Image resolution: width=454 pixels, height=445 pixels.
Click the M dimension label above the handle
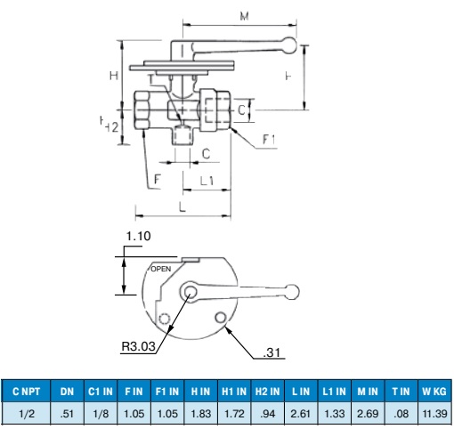244,16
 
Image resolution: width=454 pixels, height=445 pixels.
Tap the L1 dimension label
207,181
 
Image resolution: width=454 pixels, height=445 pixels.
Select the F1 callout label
269,139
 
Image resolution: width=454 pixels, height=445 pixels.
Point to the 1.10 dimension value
138,236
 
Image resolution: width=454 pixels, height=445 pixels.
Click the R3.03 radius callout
139,346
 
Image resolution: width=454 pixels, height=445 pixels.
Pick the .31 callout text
272,352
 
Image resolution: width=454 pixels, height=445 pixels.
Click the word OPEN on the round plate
161,269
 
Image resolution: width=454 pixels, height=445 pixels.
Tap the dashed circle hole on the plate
164,319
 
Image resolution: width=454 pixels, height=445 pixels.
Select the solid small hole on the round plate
221,318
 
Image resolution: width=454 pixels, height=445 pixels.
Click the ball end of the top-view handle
292,292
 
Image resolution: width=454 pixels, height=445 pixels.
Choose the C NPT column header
26,392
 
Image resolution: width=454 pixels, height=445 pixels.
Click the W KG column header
434,392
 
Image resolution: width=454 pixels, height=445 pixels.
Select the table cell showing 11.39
434,413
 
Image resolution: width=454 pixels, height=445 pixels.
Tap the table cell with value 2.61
301,413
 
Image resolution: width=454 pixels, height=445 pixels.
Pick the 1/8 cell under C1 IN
101,413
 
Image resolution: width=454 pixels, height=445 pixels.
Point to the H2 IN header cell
268,392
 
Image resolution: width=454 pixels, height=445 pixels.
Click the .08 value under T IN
401,413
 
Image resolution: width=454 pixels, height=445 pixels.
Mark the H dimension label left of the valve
114,76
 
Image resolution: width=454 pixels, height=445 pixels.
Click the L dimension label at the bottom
182,206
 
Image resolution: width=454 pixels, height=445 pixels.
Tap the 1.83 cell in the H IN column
201,413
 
